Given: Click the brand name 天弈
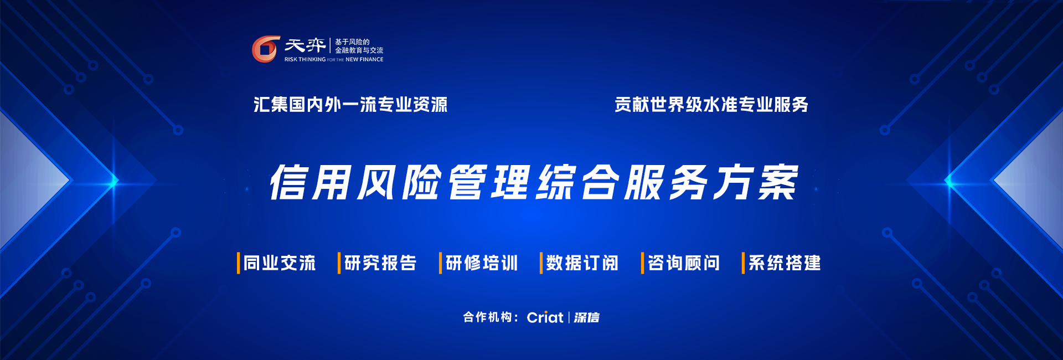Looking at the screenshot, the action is coord(305,45).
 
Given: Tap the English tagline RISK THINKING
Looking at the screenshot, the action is coord(305,59).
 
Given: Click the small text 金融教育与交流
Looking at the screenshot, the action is coord(359,50).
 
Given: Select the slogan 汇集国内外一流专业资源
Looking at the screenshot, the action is coord(350,104).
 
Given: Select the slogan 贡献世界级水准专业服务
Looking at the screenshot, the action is coord(711,104).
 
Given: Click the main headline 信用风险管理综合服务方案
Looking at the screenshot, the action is coord(533,182).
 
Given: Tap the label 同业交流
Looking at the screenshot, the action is coord(280,263).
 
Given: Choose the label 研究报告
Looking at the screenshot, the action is coord(380,263).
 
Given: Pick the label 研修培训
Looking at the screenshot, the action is coord(482,263).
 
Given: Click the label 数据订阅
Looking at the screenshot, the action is coord(582,263).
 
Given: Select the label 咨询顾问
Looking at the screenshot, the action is coord(684,263).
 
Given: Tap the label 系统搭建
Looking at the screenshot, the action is coord(785,263).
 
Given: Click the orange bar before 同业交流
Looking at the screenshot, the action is coord(238,263).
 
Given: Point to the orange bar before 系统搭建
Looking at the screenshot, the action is coord(743,263).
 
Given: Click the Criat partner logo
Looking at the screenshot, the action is coord(545,317).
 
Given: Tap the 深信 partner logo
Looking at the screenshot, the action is coord(586,317).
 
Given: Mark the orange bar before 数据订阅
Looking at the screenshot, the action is coord(541,263).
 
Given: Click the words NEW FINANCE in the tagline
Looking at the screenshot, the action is coord(364,59).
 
